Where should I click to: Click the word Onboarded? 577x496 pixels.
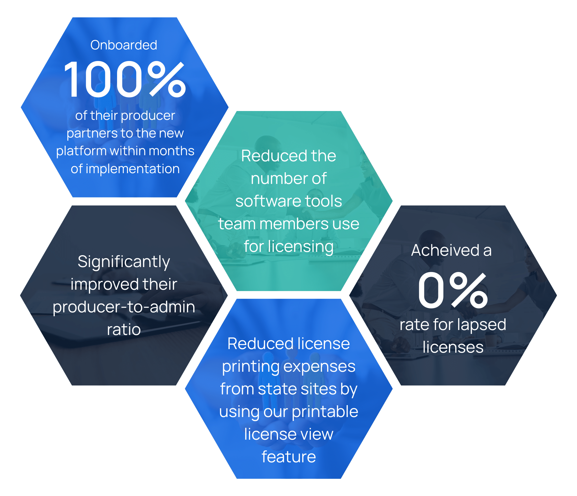pyautogui.click(x=124, y=45)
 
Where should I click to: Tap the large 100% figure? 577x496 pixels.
pyautogui.click(x=125, y=79)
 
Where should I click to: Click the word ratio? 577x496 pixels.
pyautogui.click(x=124, y=330)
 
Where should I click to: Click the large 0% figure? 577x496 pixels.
pyautogui.click(x=453, y=290)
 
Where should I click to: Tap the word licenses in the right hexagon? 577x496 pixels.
pyautogui.click(x=453, y=348)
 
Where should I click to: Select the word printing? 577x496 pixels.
pyautogui.click(x=251, y=367)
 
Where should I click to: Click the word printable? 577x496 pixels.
pyautogui.click(x=325, y=411)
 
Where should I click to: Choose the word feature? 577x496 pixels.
pyautogui.click(x=289, y=457)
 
